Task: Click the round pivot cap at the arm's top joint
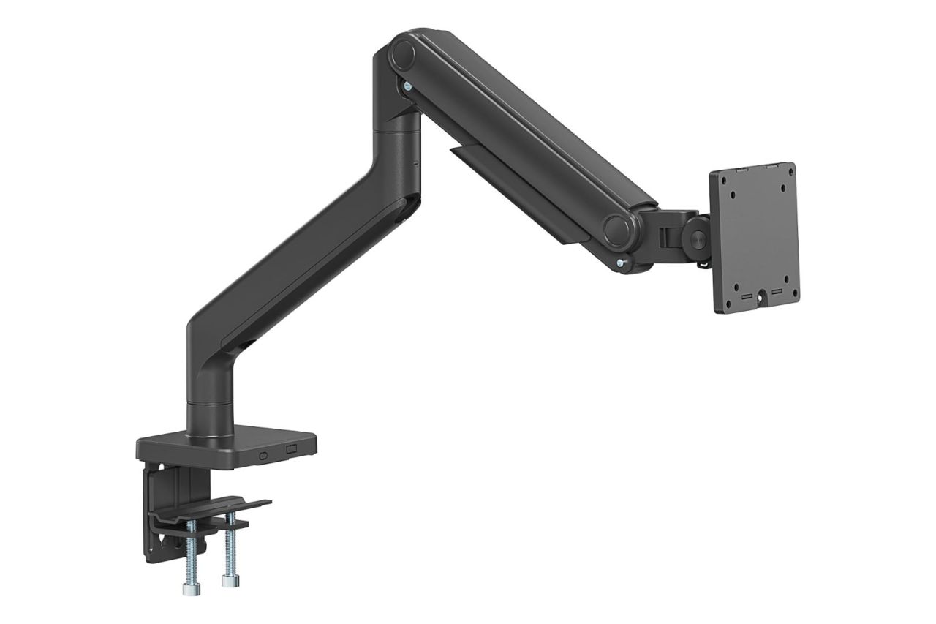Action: pos(401,54)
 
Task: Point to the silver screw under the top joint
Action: pos(406,87)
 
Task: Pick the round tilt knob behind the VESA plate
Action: pos(696,239)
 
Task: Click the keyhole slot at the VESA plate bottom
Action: pos(761,296)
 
